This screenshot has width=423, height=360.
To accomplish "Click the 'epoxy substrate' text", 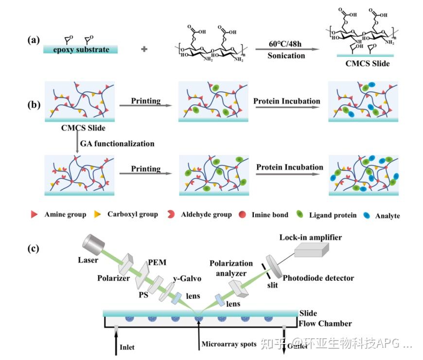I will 81,49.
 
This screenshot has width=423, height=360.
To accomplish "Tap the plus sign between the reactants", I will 144,49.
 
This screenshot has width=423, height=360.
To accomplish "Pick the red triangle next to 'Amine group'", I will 34,214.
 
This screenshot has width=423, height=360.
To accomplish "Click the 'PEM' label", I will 157,262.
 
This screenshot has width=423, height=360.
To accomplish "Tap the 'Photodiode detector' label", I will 318,278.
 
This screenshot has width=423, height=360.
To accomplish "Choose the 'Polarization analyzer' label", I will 231,267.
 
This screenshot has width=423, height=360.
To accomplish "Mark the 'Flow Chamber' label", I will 325,324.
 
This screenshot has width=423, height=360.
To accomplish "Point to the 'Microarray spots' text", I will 228,344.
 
